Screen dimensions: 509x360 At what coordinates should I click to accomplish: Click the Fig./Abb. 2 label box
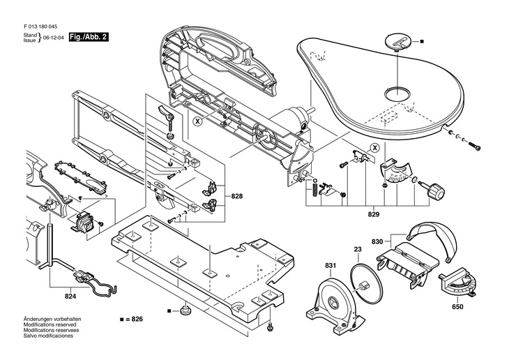pos(89,37)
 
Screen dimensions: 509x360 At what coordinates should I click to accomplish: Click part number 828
pos(237,196)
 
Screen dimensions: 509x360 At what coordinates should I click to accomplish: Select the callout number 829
pos(374,214)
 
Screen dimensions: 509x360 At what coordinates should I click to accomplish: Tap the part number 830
pos(377,241)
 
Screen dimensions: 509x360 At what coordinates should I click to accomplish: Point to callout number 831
pos(331,265)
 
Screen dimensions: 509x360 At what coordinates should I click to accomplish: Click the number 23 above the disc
pos(358,250)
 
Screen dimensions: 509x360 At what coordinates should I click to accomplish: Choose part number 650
pos(457,307)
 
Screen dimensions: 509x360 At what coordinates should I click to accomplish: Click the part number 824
pos(70,297)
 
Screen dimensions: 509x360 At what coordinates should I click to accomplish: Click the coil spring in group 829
pos(314,189)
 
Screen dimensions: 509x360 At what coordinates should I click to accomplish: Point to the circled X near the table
pos(375,148)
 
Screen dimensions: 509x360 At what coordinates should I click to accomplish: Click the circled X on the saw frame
pos(197,121)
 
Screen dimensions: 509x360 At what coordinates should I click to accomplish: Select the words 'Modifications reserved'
pos(50,324)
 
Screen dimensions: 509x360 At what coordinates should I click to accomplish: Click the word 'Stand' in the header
pos(30,35)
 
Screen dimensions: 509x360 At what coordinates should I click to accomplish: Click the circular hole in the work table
pos(397,94)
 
